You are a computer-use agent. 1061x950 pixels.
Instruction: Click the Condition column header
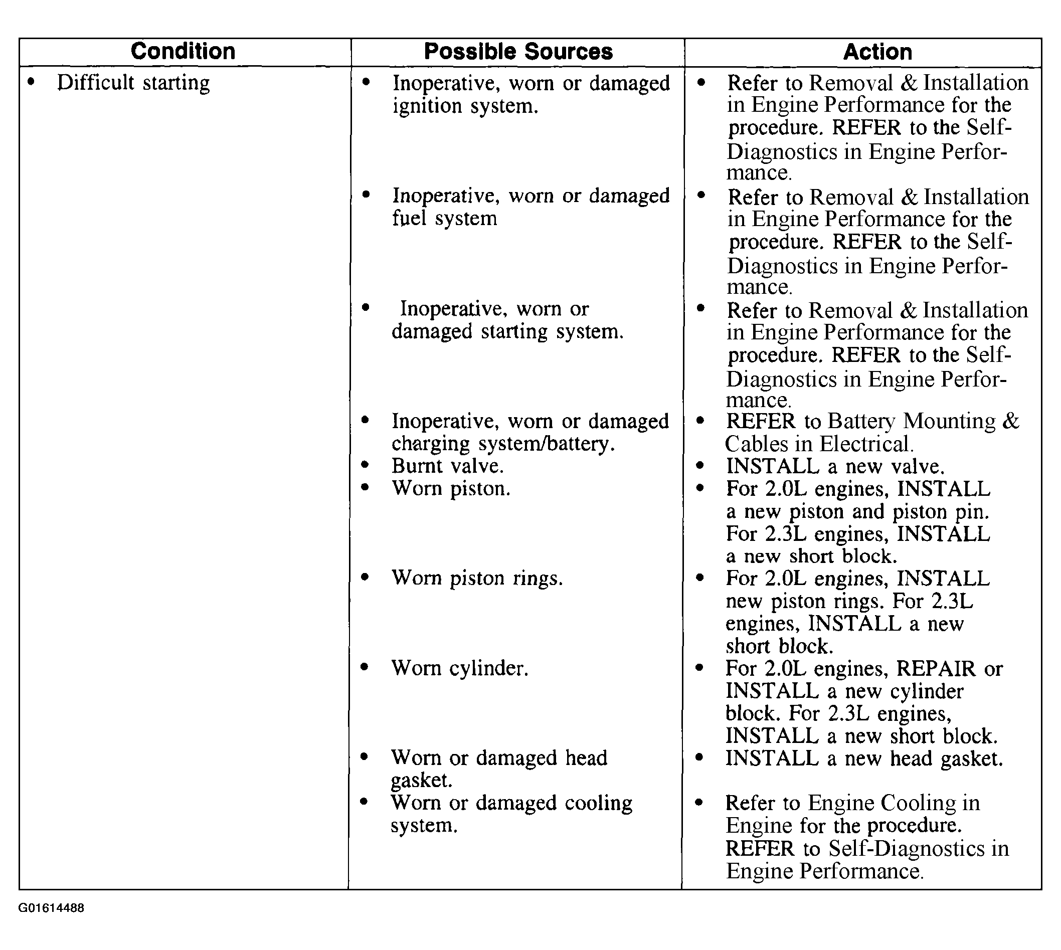coord(183,51)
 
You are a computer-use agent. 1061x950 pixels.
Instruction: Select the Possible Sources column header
coord(518,51)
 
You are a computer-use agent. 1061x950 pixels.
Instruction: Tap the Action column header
coord(877,52)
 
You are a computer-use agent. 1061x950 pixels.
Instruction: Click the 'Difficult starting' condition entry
coord(133,83)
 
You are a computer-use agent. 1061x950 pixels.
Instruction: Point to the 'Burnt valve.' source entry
coord(447,466)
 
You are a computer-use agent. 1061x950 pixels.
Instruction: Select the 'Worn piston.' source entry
coord(451,489)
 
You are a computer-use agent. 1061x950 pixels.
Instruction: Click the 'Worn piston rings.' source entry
coord(477,579)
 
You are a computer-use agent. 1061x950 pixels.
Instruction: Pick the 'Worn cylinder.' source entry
coord(459,668)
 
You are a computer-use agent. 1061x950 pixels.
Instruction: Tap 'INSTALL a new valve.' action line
coord(835,466)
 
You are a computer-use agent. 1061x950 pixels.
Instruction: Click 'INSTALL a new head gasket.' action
coord(864,758)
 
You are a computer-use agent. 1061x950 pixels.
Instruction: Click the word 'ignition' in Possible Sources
coord(427,106)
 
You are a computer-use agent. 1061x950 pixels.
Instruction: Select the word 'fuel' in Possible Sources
coord(409,218)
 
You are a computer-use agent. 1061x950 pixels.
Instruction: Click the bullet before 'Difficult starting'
coord(33,82)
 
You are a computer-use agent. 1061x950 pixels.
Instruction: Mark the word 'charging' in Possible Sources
coord(431,444)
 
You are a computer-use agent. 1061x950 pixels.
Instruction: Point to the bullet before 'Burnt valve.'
coord(365,465)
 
